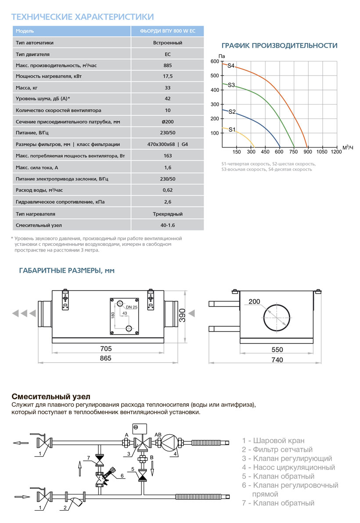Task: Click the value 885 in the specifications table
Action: (x=168, y=65)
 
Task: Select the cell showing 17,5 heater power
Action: (x=168, y=76)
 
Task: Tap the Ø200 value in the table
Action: (x=168, y=121)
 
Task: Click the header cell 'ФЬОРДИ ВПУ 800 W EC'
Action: (x=168, y=31)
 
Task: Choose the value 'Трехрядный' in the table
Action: (x=168, y=214)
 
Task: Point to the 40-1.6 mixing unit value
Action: (x=168, y=225)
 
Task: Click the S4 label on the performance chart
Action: (x=231, y=66)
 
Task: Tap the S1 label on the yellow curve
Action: (x=232, y=130)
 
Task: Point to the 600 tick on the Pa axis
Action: (x=214, y=61)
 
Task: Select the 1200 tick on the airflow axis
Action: (x=336, y=152)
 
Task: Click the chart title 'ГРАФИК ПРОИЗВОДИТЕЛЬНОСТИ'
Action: (x=279, y=46)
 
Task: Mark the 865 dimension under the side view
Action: (x=105, y=358)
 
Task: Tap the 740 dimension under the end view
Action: (x=277, y=360)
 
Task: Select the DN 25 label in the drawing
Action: (x=132, y=307)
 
